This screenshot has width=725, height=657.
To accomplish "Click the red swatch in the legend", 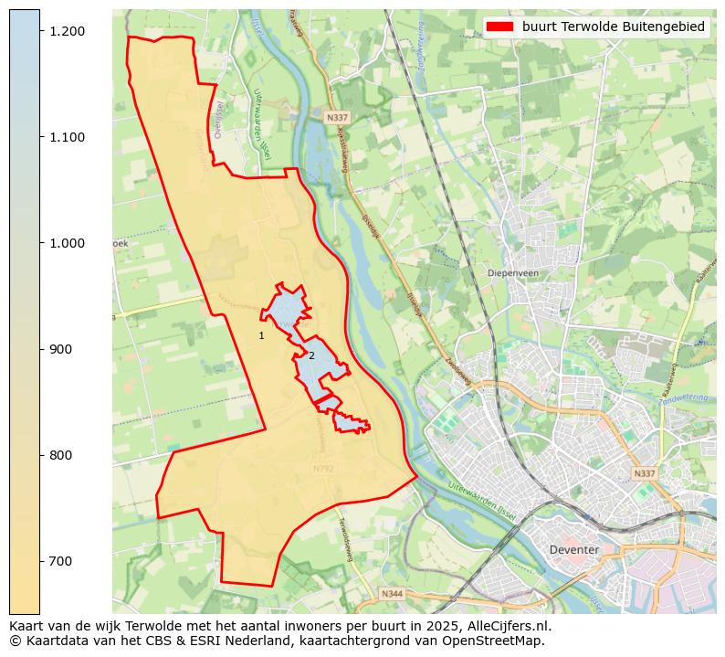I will [500, 26].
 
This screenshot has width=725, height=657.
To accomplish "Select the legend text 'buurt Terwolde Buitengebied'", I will [614, 26].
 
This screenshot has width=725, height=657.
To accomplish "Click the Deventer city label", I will [574, 549].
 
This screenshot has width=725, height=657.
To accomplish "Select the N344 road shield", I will [392, 594].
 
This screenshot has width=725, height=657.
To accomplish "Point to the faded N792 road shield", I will [323, 469].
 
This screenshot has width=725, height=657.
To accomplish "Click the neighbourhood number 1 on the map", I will [261, 336].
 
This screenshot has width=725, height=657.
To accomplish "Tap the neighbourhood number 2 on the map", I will [311, 355].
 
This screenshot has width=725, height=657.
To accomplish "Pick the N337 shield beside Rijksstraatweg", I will [336, 118].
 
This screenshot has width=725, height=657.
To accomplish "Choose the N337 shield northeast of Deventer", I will [644, 473].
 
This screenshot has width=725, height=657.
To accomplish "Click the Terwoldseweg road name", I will [345, 539].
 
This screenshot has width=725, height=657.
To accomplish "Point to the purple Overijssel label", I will [218, 119].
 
